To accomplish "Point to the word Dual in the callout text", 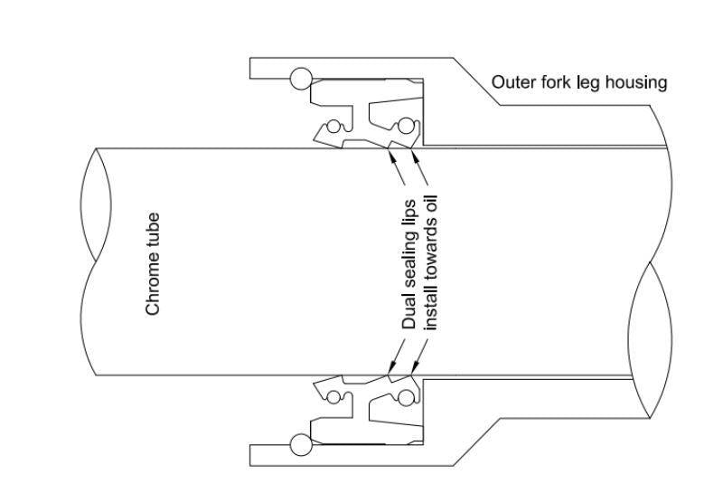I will pyautogui.click(x=408, y=313).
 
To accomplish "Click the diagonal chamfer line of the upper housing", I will pyautogui.click(x=476, y=82).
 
